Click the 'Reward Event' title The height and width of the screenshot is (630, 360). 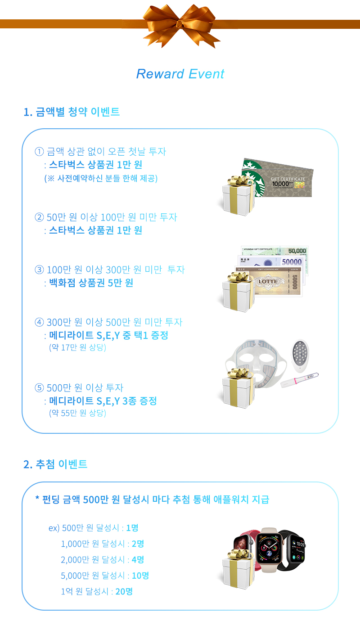[x=180, y=74]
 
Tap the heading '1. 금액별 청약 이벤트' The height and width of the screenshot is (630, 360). [x=72, y=112]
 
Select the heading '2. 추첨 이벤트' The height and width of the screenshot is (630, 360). [x=55, y=464]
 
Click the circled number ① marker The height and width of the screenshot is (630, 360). [x=40, y=151]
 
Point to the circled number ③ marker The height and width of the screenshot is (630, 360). [x=40, y=270]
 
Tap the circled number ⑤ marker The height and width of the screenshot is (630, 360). [x=40, y=387]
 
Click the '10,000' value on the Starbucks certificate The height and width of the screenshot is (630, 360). [x=280, y=184]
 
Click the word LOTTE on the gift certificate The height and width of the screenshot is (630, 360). [x=268, y=281]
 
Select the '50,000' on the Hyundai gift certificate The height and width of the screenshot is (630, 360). [x=297, y=251]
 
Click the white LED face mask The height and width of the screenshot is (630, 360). [x=256, y=363]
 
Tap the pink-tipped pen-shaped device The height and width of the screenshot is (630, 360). [x=300, y=380]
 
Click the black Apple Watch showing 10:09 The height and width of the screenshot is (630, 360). [x=294, y=550]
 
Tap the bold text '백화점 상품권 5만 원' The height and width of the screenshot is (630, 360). [x=91, y=283]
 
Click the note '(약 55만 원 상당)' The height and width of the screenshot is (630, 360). [x=77, y=413]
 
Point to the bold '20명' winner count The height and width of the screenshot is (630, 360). [x=124, y=591]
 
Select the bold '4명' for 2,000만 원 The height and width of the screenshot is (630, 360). [x=138, y=560]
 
